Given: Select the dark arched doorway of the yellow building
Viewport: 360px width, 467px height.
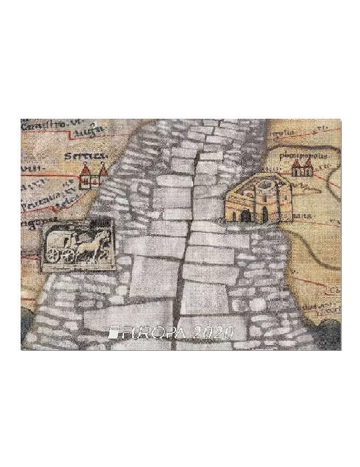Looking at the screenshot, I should coord(265,214).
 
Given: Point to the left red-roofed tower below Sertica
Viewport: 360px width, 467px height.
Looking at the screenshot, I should coord(85,177).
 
